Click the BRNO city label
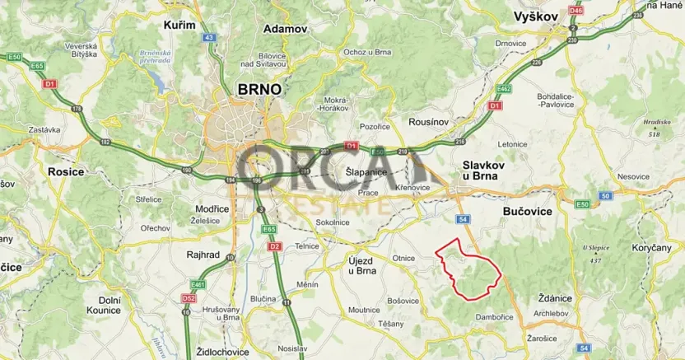(259, 89)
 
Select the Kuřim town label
(180, 25)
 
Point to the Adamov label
(285, 28)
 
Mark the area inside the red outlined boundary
(473, 271)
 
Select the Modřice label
(212, 209)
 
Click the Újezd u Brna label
(361, 264)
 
